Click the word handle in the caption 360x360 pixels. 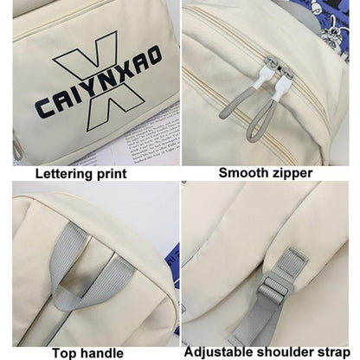point(100,353)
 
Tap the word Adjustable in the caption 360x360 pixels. point(219,352)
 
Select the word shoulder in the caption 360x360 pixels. point(286,352)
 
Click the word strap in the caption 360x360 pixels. point(334,353)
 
